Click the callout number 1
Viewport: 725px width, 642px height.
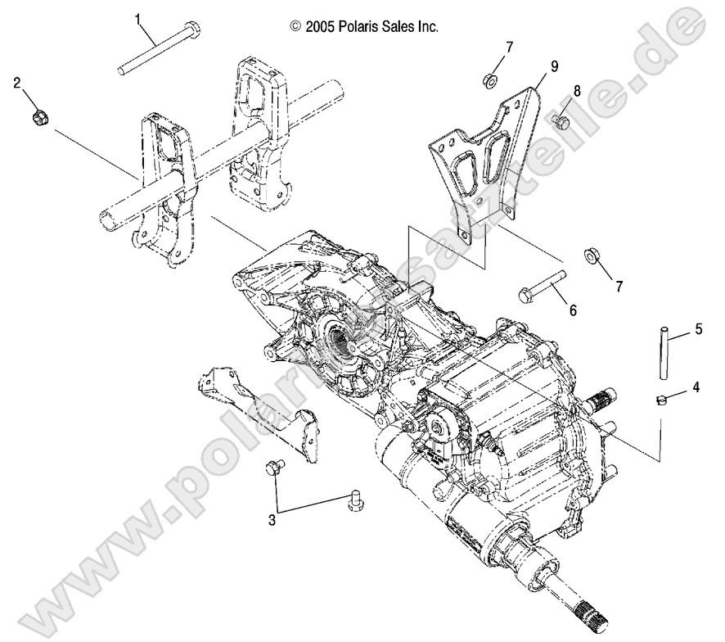pos(138,17)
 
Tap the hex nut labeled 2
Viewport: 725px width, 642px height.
pos(39,117)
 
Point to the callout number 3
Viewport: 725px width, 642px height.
pos(271,518)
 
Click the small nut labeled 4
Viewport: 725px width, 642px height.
pos(661,400)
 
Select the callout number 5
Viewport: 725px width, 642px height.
pos(698,329)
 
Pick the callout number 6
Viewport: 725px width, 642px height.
pos(572,310)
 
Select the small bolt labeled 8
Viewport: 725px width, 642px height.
pos(561,121)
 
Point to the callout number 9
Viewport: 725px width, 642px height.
pos(554,66)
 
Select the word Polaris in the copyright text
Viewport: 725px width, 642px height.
pos(363,26)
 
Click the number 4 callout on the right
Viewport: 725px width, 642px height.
pos(696,387)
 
